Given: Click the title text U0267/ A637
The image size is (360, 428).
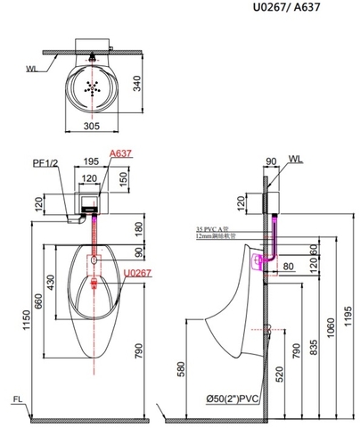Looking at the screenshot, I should click(x=313, y=10).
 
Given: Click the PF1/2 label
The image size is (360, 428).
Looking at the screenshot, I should click(x=44, y=164).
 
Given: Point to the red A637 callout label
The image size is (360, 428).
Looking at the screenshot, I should click(x=120, y=153).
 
